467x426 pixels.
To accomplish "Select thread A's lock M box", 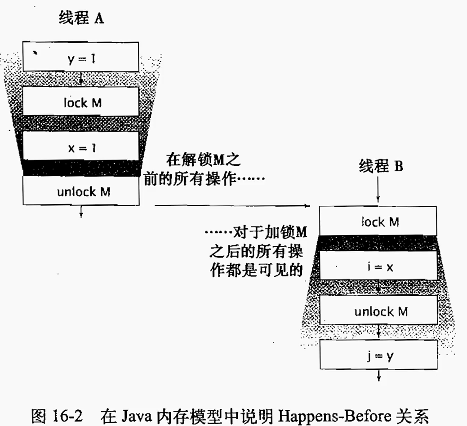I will (81, 102).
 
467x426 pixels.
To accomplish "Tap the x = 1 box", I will (81, 146).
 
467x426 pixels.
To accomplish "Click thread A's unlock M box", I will (81, 191).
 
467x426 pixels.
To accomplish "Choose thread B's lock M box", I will (378, 221).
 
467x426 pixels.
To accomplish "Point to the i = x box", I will (378, 266).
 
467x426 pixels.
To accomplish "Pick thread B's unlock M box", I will (378, 311).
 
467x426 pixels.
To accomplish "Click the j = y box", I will (378, 355).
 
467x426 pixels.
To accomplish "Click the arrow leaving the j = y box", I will (378, 376).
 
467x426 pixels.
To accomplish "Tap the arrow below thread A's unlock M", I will (81, 211).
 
